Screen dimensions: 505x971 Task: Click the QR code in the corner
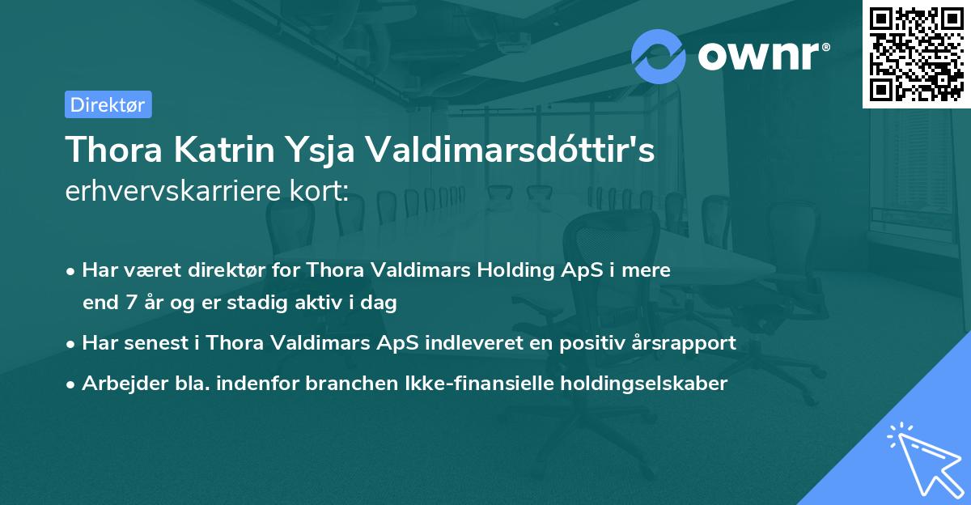click(917, 53)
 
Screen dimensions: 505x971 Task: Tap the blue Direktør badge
click(108, 104)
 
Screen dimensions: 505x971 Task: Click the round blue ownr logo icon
click(659, 56)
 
